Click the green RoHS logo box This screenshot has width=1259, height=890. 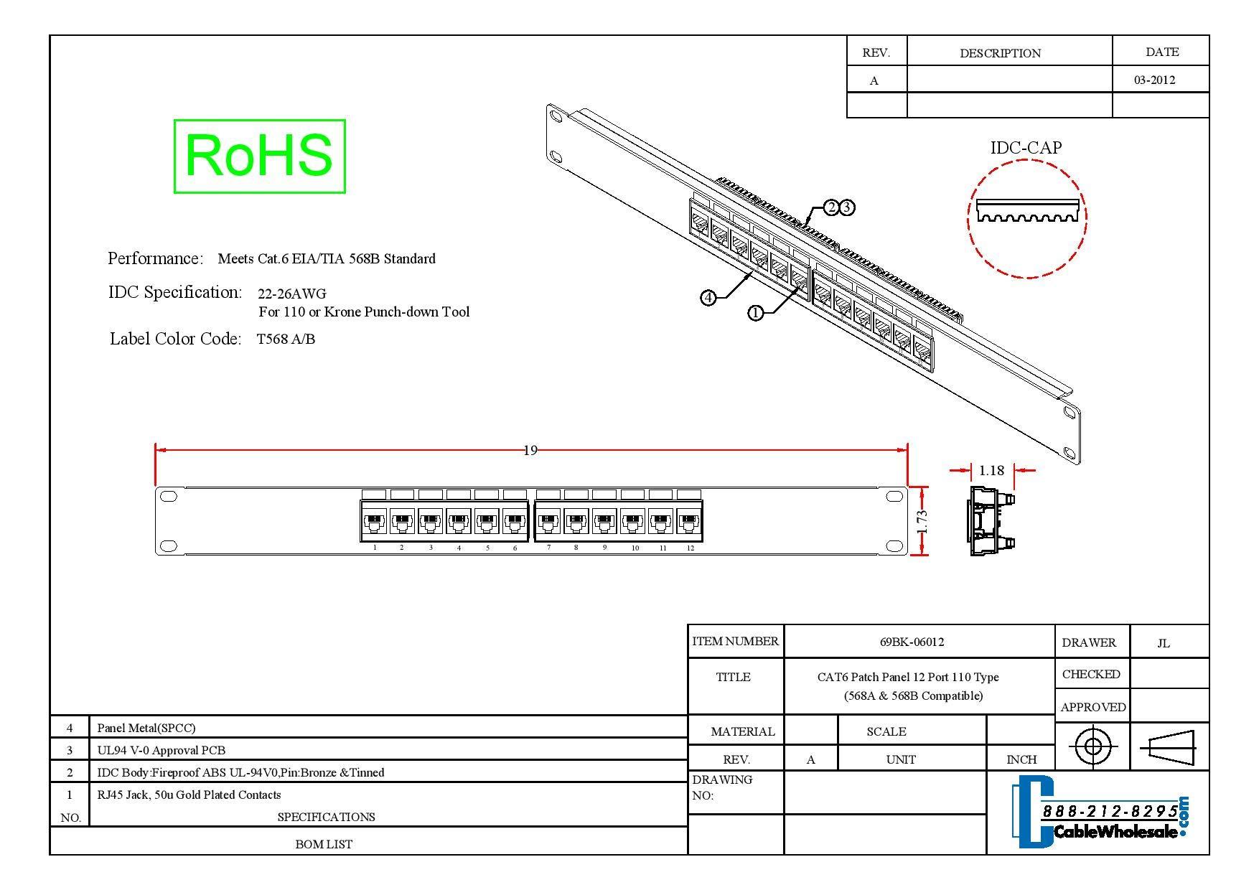coord(259,156)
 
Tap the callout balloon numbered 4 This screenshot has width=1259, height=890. coord(708,297)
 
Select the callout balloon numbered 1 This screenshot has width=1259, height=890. coord(755,313)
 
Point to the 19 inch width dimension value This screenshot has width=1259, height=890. coord(530,450)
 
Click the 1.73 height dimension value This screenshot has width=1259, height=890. coord(922,520)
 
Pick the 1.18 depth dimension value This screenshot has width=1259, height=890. coord(991,471)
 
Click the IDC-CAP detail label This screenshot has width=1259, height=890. coord(1026,148)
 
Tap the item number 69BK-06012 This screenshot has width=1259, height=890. coord(912,642)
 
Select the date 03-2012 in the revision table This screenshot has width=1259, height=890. coord(1154,80)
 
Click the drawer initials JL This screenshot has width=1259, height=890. coord(1164,643)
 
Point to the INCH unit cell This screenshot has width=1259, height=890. coord(1021,759)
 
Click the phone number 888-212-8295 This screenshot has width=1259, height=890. coord(1110,811)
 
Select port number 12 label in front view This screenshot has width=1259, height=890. coord(690,548)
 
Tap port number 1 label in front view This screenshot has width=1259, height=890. coord(375,548)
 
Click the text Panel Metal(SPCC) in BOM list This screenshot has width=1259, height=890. coord(146,728)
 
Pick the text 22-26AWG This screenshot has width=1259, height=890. coord(291,294)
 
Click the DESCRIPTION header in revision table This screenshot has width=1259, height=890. coord(1000,53)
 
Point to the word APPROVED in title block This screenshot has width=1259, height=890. coord(1092,707)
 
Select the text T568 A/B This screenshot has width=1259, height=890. coord(286,339)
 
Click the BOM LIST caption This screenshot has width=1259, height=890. coord(324,844)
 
